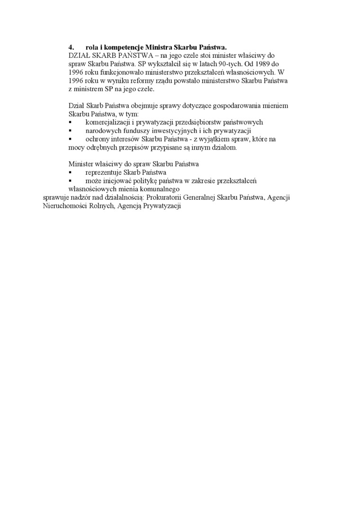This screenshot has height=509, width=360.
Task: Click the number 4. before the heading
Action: [72, 47]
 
